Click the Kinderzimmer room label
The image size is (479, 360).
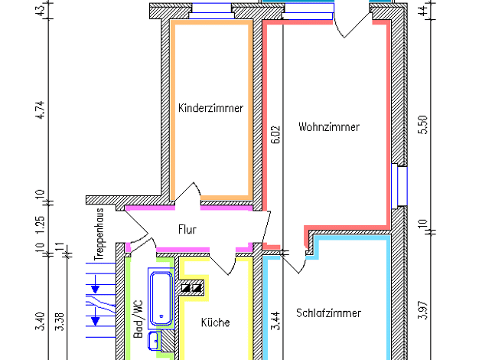click(210, 108)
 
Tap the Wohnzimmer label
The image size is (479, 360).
click(329, 126)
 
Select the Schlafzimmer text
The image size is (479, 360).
click(329, 313)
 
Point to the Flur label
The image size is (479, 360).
click(187, 229)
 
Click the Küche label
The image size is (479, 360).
click(215, 322)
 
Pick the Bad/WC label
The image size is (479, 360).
click(138, 319)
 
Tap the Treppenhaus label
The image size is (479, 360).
click(99, 234)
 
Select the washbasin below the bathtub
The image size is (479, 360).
click(154, 341)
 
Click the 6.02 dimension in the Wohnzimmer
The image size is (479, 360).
click(275, 135)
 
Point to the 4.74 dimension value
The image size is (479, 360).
click(41, 110)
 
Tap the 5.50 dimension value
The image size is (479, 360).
click(423, 125)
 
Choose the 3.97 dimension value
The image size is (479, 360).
click(423, 310)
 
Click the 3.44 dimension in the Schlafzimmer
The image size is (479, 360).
click(275, 321)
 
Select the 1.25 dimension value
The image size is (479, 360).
click(41, 225)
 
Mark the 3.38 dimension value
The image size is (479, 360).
click(60, 322)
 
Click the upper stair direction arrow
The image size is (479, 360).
click(96, 285)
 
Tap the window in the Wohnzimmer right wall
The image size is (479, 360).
click(399, 186)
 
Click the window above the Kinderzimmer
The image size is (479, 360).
click(211, 11)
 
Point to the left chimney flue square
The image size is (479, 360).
click(186, 288)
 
